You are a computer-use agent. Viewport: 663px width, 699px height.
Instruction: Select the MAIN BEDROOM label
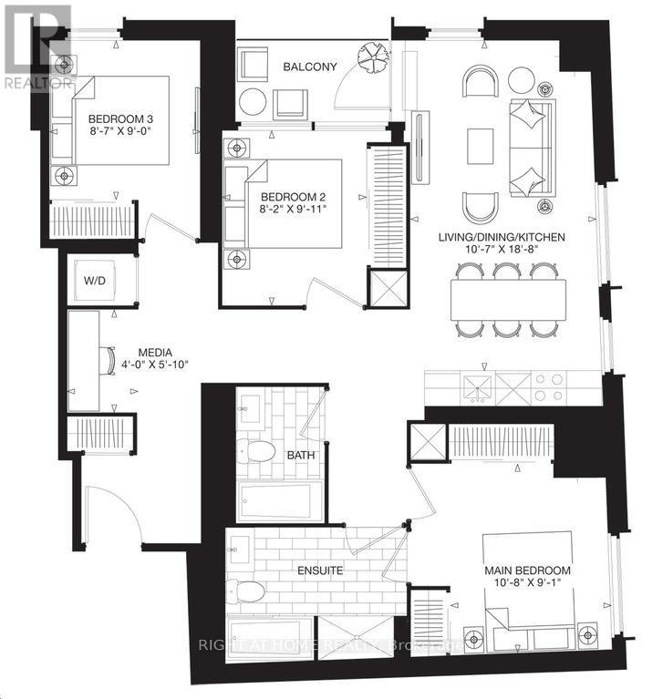pyautogui.click(x=527, y=571)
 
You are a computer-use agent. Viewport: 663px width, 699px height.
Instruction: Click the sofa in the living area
pyautogui.click(x=530, y=147)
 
